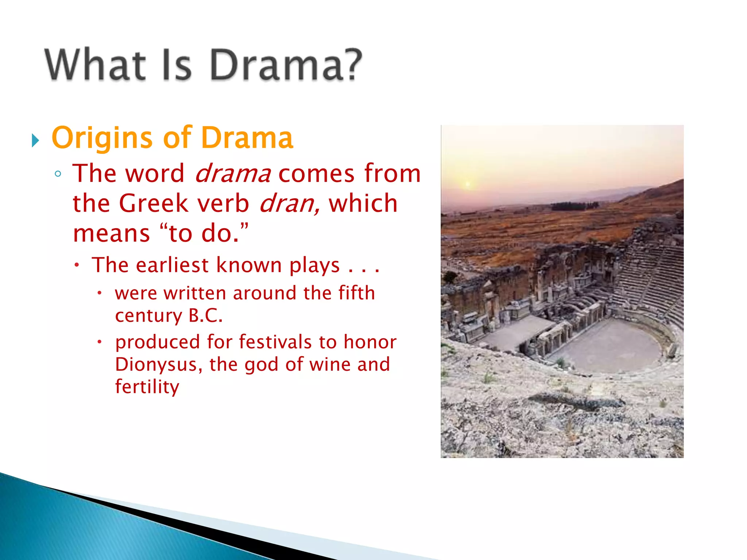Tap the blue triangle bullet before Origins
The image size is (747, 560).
[x=35, y=140]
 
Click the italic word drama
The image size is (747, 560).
[x=233, y=174]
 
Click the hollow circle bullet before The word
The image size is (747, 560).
[x=58, y=174]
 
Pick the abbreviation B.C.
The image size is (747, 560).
[x=205, y=316]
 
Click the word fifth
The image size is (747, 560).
[x=356, y=293]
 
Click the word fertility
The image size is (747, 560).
[x=147, y=387]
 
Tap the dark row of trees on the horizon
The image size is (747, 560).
[x=574, y=206]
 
